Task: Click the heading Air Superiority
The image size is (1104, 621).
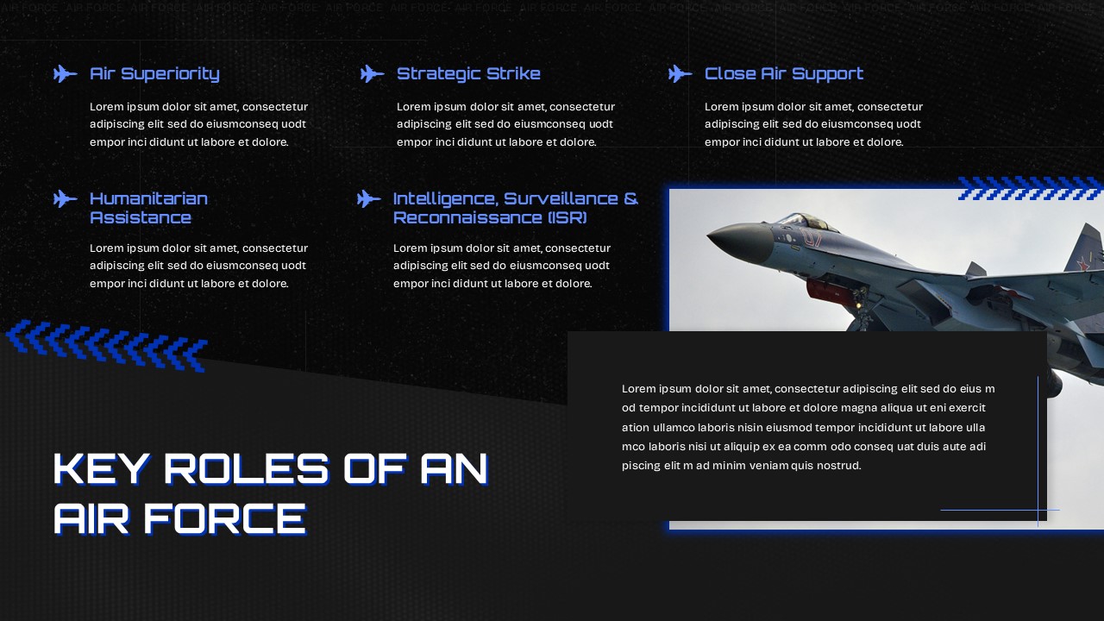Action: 154,74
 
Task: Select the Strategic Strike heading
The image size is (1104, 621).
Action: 468,74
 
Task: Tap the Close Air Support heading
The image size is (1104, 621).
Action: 783,74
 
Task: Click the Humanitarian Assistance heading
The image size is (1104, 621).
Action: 148,208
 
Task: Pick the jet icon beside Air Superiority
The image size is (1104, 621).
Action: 66,74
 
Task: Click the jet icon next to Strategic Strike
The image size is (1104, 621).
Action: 373,74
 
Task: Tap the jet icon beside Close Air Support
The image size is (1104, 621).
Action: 681,74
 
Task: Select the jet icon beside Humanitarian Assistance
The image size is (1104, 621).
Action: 66,199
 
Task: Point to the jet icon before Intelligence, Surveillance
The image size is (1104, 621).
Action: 369,199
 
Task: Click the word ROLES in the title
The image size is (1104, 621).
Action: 251,468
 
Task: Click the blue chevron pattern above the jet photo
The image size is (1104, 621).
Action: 1030,188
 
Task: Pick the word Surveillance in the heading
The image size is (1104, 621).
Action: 561,198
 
